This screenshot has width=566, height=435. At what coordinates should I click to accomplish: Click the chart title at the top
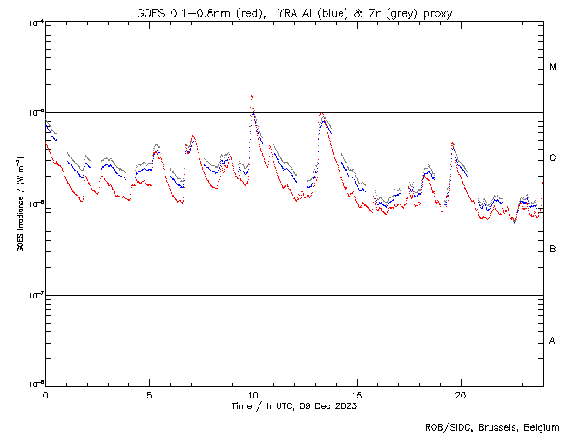(x=294, y=13)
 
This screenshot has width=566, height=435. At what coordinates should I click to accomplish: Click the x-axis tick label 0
(x=45, y=394)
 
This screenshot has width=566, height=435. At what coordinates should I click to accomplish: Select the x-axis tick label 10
(x=253, y=394)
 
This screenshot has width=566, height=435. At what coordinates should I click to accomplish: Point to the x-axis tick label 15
(x=357, y=394)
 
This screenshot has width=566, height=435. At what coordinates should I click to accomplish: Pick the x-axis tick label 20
(x=461, y=394)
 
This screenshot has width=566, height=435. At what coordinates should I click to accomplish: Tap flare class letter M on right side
(x=553, y=67)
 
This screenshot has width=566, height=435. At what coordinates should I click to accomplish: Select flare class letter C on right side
(x=553, y=158)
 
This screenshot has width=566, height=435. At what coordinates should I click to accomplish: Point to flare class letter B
(x=553, y=250)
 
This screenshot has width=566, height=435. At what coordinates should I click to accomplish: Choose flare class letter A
(x=553, y=340)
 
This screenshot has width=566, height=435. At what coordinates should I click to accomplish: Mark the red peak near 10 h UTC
(x=252, y=95)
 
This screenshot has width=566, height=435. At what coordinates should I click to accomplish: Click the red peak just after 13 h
(x=321, y=113)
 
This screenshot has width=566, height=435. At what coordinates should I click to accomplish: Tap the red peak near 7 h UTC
(x=192, y=136)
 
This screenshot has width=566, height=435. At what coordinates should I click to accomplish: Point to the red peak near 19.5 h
(x=452, y=142)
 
